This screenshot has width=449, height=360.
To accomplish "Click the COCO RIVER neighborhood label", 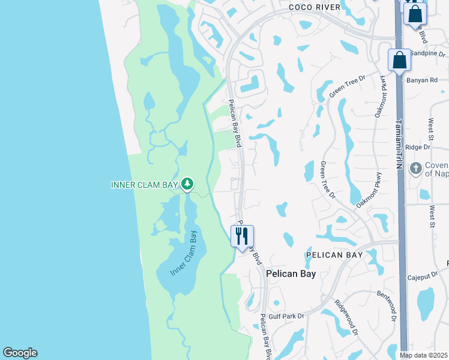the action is (314, 7).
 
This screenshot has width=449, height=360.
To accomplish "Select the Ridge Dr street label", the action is (418, 146).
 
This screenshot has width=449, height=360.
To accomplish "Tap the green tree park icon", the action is (187, 183).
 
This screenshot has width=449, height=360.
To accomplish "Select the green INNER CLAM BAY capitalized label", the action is (144, 184).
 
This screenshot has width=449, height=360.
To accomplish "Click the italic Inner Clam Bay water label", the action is (184, 253).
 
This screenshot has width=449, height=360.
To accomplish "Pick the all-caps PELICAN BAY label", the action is (334, 255).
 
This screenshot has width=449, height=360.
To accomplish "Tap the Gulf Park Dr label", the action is (287, 316).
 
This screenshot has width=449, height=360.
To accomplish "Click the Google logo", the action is (20, 353).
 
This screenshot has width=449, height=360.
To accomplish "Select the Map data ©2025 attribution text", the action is (424, 355).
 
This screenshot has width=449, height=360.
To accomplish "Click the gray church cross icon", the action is (415, 169).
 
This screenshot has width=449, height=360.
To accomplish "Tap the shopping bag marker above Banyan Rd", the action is (399, 61).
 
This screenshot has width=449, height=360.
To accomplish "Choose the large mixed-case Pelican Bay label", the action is (291, 274).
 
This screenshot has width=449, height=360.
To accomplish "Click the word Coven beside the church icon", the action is (436, 165).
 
